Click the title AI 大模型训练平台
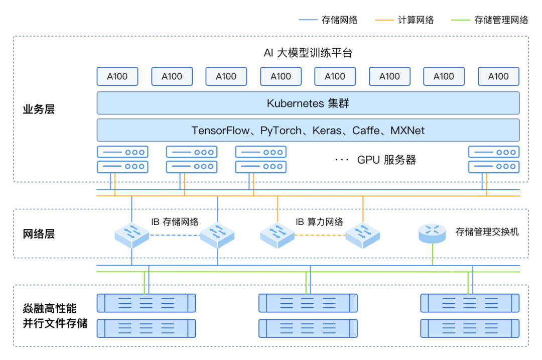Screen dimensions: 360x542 (312, 53)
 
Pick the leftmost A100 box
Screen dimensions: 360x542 (117, 76)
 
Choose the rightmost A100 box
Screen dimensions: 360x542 (498, 76)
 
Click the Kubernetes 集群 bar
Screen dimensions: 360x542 (308, 103)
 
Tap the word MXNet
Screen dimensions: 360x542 (409, 131)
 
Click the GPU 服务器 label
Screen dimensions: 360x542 (386, 160)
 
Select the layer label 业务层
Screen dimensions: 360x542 (39, 109)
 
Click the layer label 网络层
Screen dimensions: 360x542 (39, 234)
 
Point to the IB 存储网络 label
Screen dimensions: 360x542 (175, 221)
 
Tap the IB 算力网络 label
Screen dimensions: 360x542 (319, 221)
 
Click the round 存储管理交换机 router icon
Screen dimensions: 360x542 (432, 232)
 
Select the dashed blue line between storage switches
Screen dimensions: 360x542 (175, 235)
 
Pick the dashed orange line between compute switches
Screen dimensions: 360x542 (320, 235)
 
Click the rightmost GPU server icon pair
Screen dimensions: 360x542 (494, 159)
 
